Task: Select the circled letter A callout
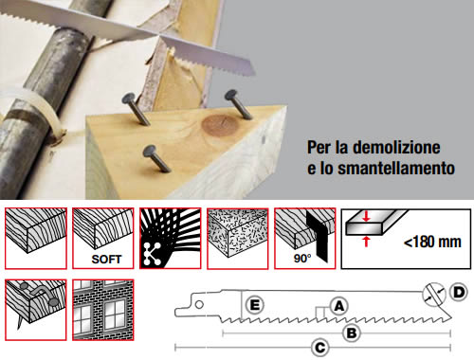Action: pyautogui.click(x=338, y=306)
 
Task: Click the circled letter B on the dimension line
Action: pyautogui.click(x=352, y=333)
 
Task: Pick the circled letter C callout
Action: pyautogui.click(x=320, y=348)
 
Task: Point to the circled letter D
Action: pyautogui.click(x=458, y=292)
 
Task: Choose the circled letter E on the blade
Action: pyautogui.click(x=255, y=305)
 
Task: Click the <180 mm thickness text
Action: pyautogui.click(x=432, y=242)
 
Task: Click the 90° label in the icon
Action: pyautogui.click(x=302, y=259)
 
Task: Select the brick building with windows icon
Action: pyautogui.click(x=103, y=310)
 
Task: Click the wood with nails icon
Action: pyautogui.click(x=36, y=310)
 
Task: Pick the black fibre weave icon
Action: pyautogui.click(x=171, y=239)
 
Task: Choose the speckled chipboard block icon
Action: pyautogui.click(x=238, y=239)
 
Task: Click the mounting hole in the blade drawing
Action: pyautogui.click(x=199, y=304)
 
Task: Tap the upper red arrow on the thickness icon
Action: pyautogui.click(x=366, y=216)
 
